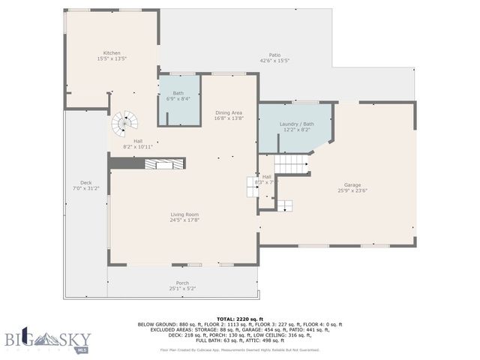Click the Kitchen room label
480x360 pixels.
pos(112,53)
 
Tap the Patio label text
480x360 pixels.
pos(274,55)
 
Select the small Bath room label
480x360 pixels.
pos(178,94)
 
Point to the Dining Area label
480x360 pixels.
pos(228,112)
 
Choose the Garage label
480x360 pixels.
pos(352,184)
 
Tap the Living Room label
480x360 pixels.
pos(184,214)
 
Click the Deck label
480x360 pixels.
pos(85,183)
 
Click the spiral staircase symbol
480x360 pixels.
pos(125,122)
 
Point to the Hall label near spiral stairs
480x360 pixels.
pos(138,141)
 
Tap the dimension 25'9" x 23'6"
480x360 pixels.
pos(352,190)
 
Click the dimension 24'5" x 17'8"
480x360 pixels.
pos(184,220)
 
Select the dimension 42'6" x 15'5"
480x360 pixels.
pos(274,60)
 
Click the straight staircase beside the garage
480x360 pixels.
pos(291,164)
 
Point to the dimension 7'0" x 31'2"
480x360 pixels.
pos(85,188)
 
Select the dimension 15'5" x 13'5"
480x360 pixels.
pos(112,58)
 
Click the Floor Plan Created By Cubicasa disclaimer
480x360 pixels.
pos(239,349)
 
